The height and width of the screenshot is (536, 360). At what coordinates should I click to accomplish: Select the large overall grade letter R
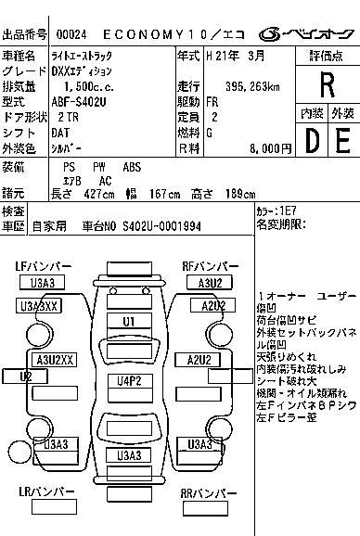(x=326, y=85)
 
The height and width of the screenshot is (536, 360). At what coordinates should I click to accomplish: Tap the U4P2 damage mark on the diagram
(x=129, y=380)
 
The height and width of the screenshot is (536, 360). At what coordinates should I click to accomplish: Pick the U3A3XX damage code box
(x=39, y=306)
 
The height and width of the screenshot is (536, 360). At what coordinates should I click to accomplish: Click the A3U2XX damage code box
(x=53, y=360)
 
